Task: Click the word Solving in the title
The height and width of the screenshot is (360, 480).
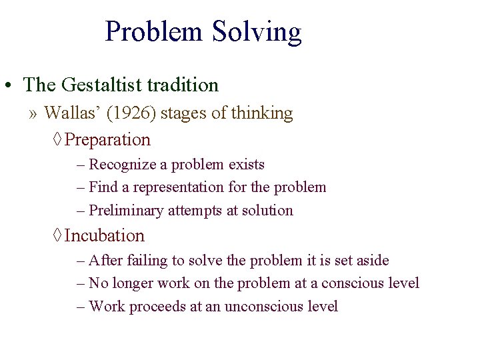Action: tap(257, 32)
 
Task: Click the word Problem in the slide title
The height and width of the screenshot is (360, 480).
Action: tap(155, 32)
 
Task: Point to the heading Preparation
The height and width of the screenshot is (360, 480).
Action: tap(108, 140)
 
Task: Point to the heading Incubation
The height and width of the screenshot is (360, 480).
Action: tap(105, 236)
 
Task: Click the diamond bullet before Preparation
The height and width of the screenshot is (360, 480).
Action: tap(57, 140)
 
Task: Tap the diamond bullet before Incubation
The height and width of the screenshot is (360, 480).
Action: tap(57, 236)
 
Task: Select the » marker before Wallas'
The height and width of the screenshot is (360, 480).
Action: tap(33, 114)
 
